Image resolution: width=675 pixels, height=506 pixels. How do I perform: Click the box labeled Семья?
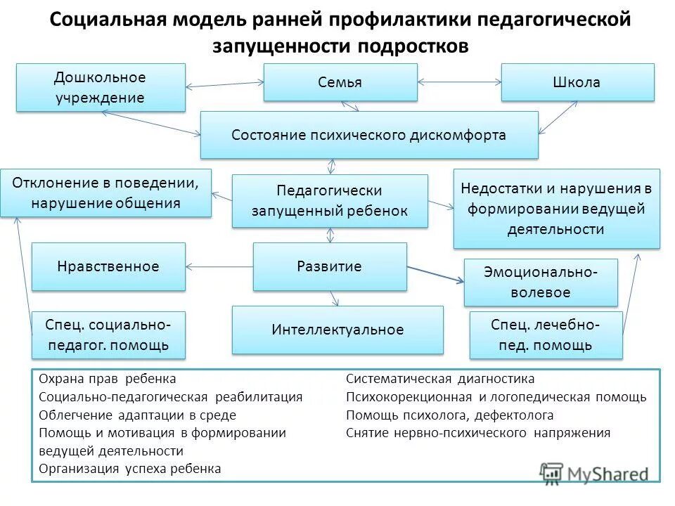tap(340, 82)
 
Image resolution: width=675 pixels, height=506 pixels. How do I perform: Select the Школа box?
tap(577, 82)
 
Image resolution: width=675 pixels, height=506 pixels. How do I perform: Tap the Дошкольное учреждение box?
tap(101, 87)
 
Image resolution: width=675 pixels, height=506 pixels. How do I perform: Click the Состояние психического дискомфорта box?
tap(369, 135)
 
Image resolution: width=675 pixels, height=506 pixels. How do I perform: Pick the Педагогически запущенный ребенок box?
tap(330, 201)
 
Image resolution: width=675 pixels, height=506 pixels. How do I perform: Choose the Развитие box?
tap(330, 266)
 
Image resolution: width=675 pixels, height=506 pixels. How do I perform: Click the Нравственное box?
tap(108, 266)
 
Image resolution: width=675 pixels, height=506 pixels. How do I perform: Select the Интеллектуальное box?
tap(337, 329)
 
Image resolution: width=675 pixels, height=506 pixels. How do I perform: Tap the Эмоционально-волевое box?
tap(541, 282)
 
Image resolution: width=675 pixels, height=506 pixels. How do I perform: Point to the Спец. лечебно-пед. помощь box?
tap(546, 335)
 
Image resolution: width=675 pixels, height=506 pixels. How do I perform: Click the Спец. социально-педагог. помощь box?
tap(108, 335)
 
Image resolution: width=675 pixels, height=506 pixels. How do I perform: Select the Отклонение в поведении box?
tap(105, 193)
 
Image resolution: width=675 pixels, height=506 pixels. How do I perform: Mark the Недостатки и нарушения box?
tap(556, 209)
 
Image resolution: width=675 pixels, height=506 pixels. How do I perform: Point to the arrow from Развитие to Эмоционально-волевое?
tap(436, 275)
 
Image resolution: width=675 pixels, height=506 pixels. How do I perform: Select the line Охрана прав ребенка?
tap(108, 379)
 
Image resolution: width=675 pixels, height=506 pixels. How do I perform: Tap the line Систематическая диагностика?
tap(440, 379)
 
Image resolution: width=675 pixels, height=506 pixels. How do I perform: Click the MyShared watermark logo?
tap(594, 472)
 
